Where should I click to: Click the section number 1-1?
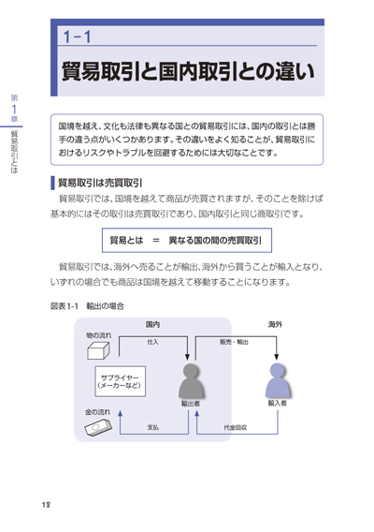(x=78, y=37)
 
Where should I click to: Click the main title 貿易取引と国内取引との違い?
(x=188, y=71)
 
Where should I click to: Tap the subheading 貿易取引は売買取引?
(x=100, y=183)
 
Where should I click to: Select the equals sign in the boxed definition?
(x=156, y=241)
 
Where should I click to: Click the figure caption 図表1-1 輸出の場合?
(x=87, y=306)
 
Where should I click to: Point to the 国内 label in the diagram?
(x=152, y=325)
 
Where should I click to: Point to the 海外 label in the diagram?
(x=275, y=325)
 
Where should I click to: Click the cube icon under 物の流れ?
(x=98, y=350)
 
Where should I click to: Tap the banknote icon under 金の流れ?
(x=98, y=426)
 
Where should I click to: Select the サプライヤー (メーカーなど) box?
(x=121, y=381)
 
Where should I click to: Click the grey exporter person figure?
(x=191, y=380)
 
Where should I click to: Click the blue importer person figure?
(x=278, y=380)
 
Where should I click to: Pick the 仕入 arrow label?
(x=152, y=342)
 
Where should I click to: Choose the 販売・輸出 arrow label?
(x=234, y=342)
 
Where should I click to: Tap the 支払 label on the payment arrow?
(x=152, y=427)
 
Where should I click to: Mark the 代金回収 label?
(x=235, y=427)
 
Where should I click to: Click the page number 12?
(x=46, y=505)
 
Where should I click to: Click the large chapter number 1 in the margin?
(x=14, y=110)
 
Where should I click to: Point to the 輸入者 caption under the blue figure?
(x=278, y=403)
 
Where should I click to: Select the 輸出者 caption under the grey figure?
(x=191, y=404)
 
